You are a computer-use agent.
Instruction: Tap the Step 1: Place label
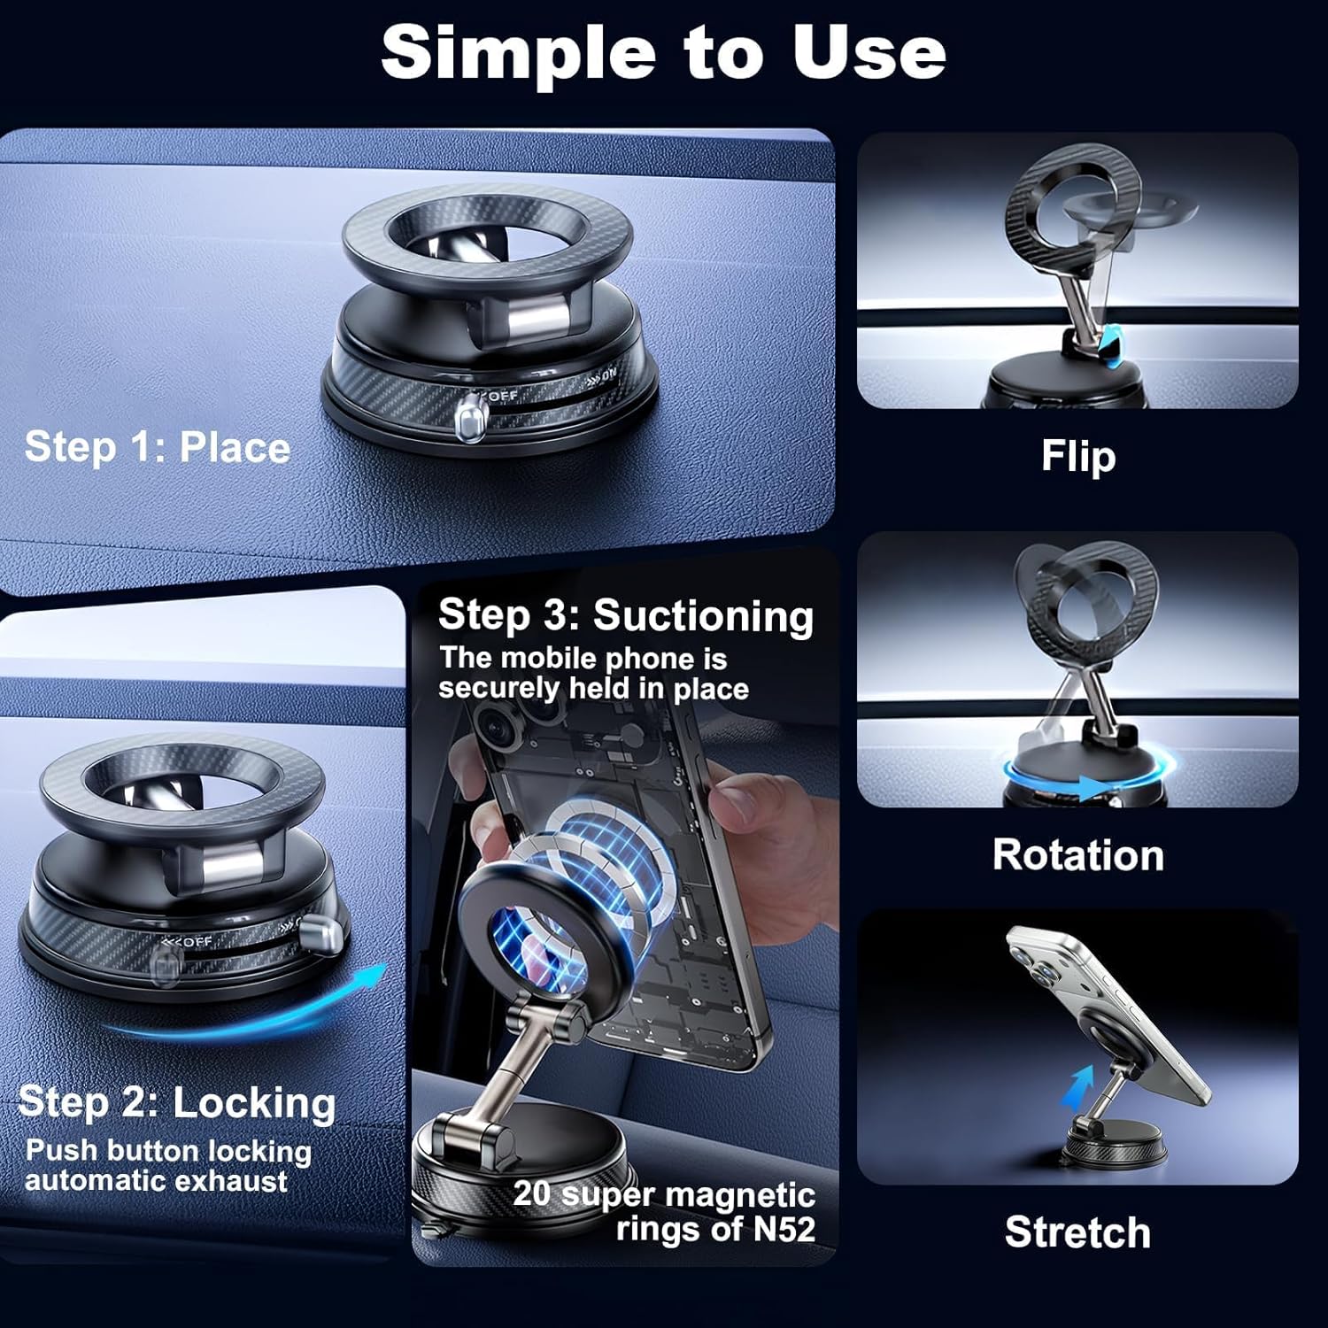point(158,447)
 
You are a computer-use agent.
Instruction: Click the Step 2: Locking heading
point(177,1103)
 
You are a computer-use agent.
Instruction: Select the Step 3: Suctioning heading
point(626,615)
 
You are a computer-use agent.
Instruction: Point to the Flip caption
point(1078,457)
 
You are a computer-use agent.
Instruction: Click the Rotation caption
point(1078,855)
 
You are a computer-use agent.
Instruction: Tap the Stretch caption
point(1078,1232)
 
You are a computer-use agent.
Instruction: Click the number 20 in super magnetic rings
point(532,1193)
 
